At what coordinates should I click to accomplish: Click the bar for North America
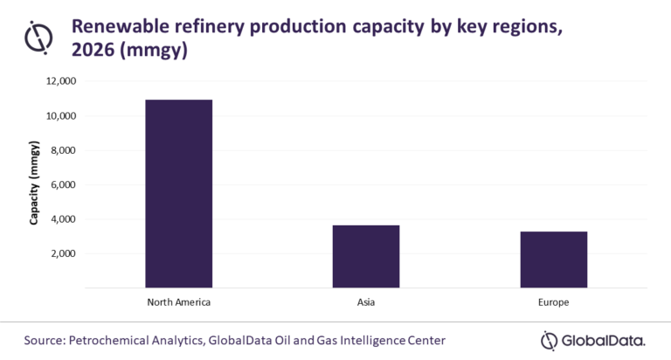[x=178, y=193]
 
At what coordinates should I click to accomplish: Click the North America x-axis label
[x=178, y=301]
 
